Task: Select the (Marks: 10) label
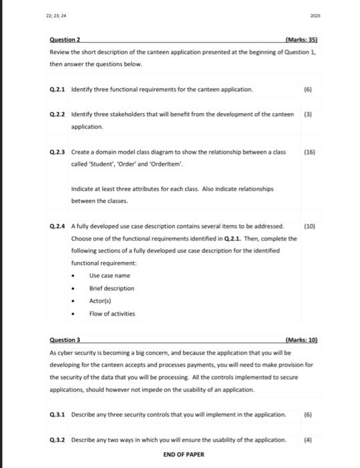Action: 301,340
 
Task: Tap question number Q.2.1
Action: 58,89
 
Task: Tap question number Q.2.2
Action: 58,114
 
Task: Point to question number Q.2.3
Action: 58,152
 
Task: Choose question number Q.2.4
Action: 58,227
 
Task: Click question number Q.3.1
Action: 58,415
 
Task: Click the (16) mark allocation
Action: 309,152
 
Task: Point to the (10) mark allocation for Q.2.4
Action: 309,227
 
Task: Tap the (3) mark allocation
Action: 309,114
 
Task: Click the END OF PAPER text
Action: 184,455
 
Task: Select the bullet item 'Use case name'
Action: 110,275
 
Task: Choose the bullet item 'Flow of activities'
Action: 112,313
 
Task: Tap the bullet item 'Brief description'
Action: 112,288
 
